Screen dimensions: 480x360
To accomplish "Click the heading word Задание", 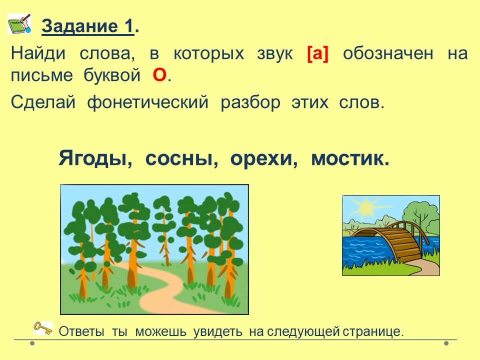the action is (x=79, y=26).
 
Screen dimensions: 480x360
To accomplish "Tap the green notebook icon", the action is (x=19, y=23).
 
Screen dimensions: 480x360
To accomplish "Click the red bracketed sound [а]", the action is (x=317, y=54).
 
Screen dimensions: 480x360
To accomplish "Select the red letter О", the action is (x=159, y=75).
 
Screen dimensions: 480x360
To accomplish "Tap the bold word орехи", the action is (x=264, y=159).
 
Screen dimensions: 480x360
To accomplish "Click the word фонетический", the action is (x=148, y=102).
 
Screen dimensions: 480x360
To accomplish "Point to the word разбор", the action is (x=250, y=102).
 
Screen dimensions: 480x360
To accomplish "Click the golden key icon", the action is (x=42, y=328).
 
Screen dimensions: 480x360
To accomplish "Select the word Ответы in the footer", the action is (x=81, y=331).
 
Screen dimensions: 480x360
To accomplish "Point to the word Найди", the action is (x=38, y=53).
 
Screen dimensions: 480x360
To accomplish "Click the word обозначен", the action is (x=388, y=53).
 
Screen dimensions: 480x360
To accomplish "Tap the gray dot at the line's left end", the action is (x=32, y=343).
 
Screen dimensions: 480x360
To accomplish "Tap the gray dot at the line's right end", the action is (x=446, y=343).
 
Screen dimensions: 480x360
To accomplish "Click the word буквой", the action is (x=112, y=75).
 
